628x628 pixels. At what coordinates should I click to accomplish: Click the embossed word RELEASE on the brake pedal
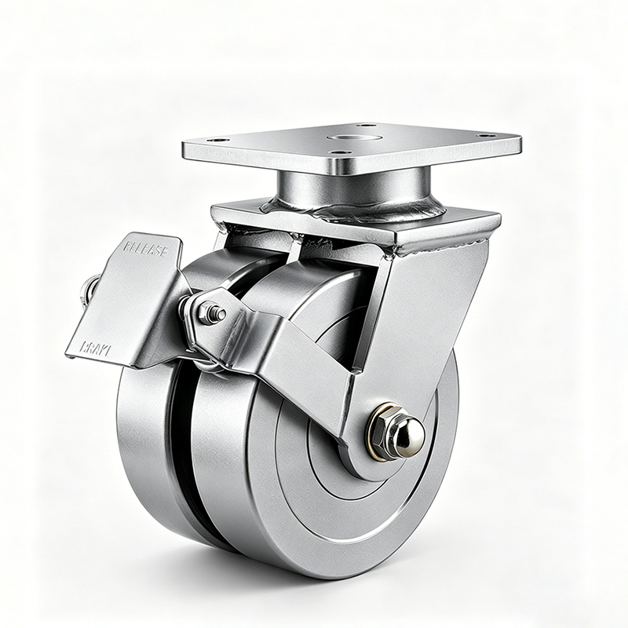click(145, 250)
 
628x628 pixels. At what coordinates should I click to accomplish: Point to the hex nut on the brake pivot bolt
click(212, 313)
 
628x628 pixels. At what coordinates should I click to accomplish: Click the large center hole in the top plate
click(344, 138)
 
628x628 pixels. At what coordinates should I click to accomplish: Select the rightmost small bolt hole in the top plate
click(486, 136)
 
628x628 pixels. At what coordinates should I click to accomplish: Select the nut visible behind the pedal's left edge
click(88, 291)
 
